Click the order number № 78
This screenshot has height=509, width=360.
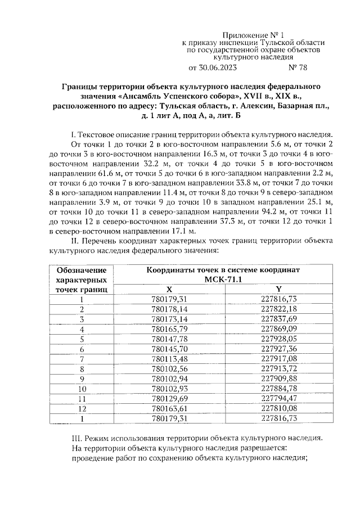click(298, 68)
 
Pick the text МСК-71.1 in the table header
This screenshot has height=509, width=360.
click(223, 279)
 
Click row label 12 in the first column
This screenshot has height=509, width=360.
click(82, 408)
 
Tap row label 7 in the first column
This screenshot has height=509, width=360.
click(82, 358)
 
